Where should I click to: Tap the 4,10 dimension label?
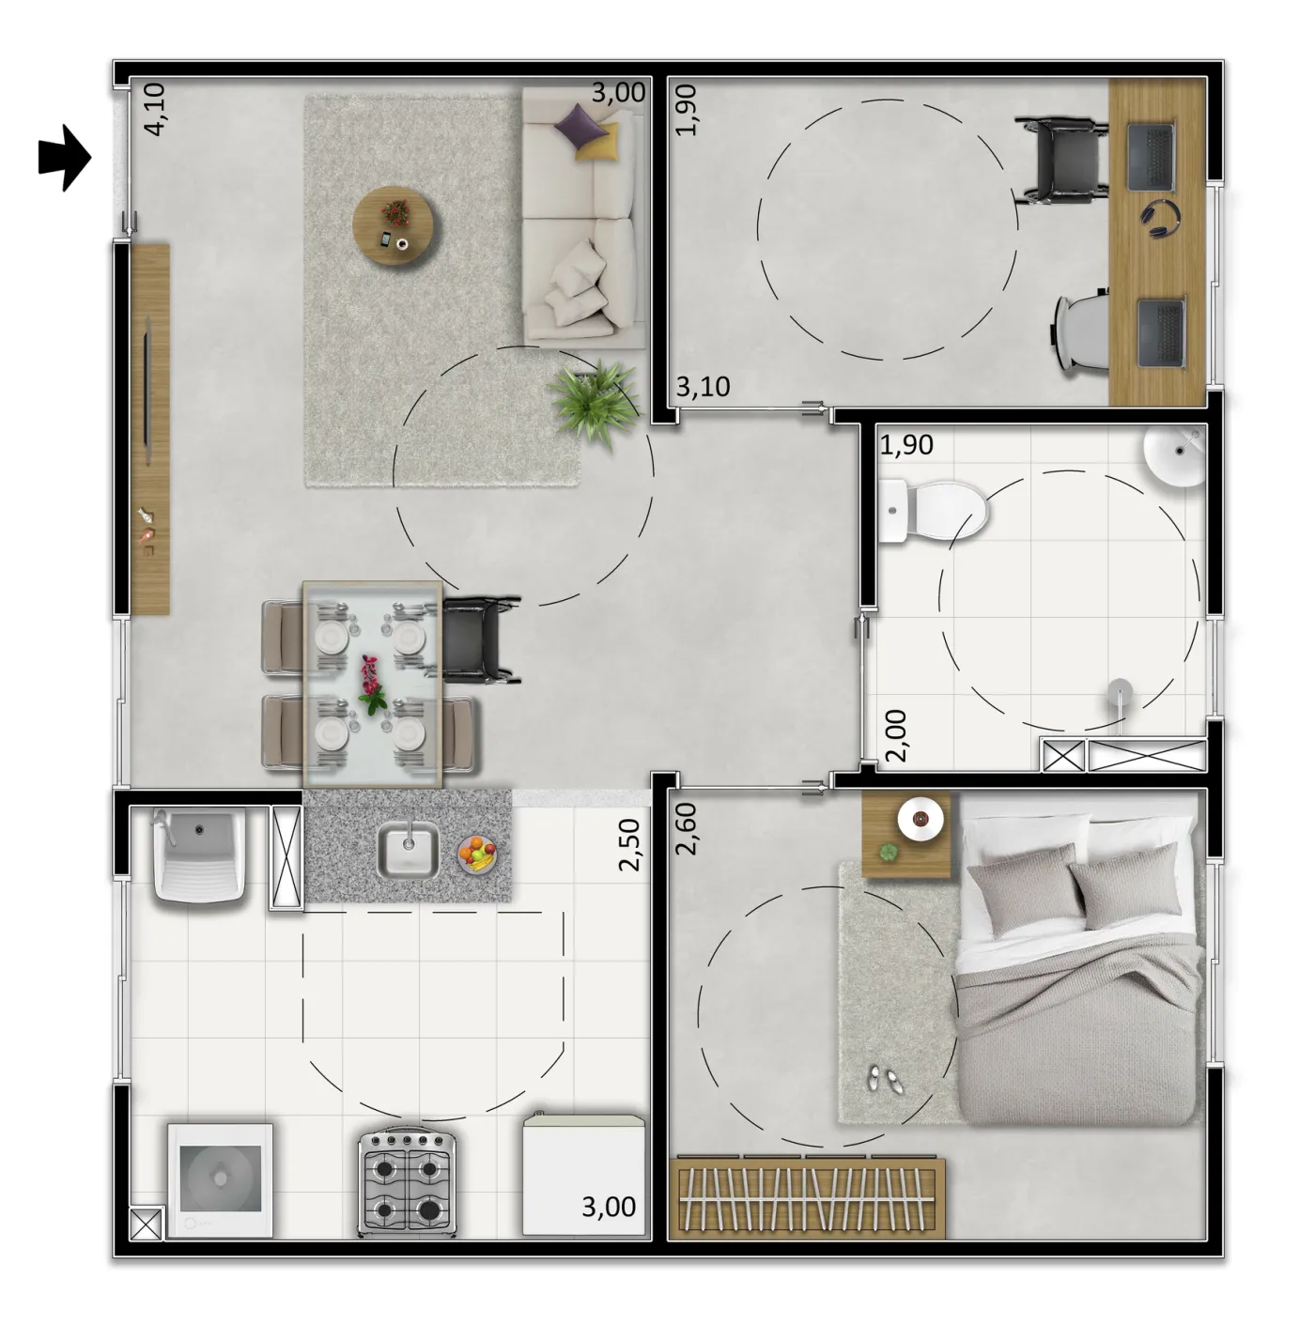coord(154,109)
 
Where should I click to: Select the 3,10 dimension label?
coord(704,386)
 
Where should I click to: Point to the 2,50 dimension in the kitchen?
coord(629,844)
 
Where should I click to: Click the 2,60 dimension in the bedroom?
coord(686,829)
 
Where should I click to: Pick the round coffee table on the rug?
coord(394,225)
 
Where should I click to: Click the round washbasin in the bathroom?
coord(1175,455)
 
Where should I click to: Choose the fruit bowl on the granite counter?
coord(477,855)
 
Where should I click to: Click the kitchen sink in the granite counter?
coord(408,849)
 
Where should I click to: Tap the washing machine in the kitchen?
coord(220,1180)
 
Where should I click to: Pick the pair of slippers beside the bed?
coord(883,1079)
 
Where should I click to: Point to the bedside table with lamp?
coord(905,835)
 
